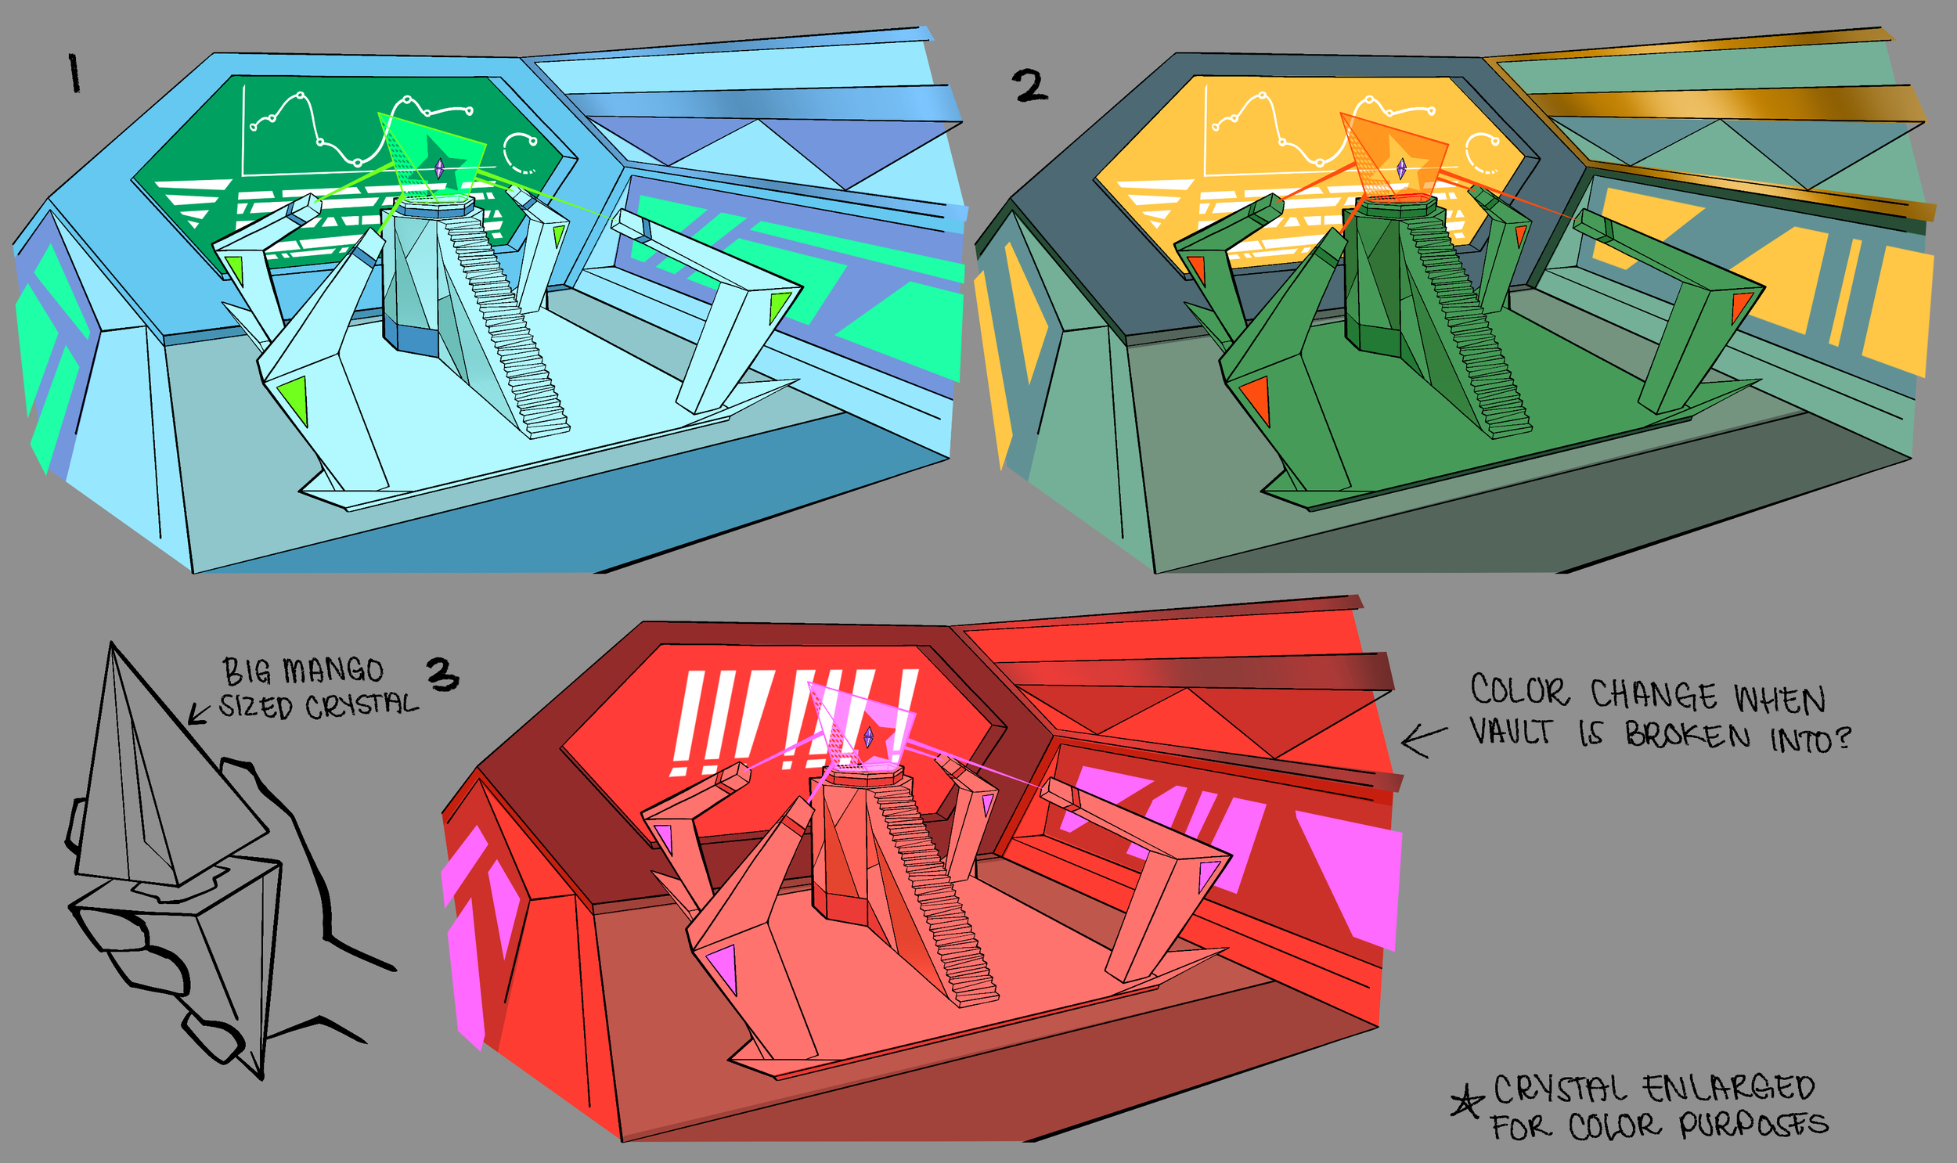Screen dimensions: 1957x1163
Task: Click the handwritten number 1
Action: click(x=74, y=74)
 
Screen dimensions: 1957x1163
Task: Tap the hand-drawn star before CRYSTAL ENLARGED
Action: click(x=1467, y=1101)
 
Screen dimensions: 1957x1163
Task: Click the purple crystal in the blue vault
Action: click(x=439, y=167)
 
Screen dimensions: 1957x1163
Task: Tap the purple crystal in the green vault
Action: click(x=1401, y=167)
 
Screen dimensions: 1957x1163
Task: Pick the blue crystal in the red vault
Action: click(x=868, y=736)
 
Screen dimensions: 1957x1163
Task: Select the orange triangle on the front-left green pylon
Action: click(x=1256, y=398)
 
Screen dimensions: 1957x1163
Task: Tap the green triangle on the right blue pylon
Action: click(x=778, y=305)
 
